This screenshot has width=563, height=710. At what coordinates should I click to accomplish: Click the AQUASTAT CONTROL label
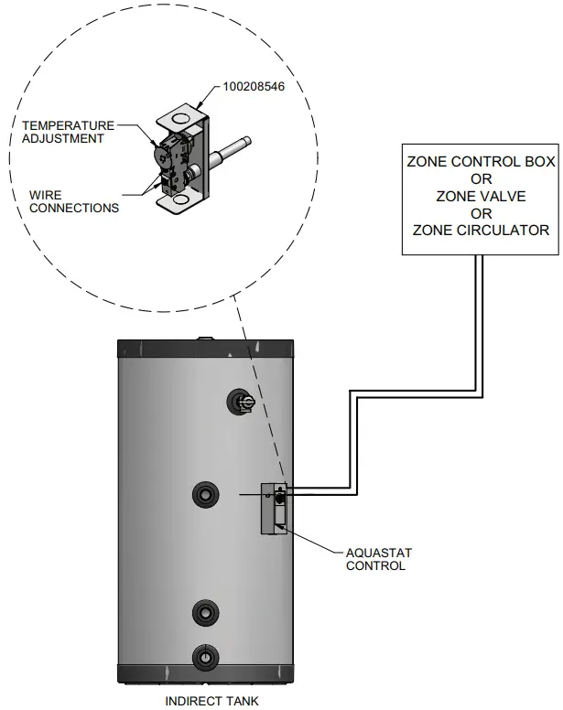click(x=375, y=559)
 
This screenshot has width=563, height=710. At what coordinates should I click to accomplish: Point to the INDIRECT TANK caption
click(x=206, y=701)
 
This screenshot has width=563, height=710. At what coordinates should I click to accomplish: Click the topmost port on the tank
click(x=242, y=400)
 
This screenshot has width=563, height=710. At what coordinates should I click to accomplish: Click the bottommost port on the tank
click(x=204, y=656)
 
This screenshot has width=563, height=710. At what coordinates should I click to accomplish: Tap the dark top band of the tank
click(x=206, y=350)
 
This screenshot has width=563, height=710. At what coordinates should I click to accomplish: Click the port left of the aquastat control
click(x=204, y=495)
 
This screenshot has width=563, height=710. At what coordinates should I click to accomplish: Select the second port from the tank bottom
click(x=204, y=610)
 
